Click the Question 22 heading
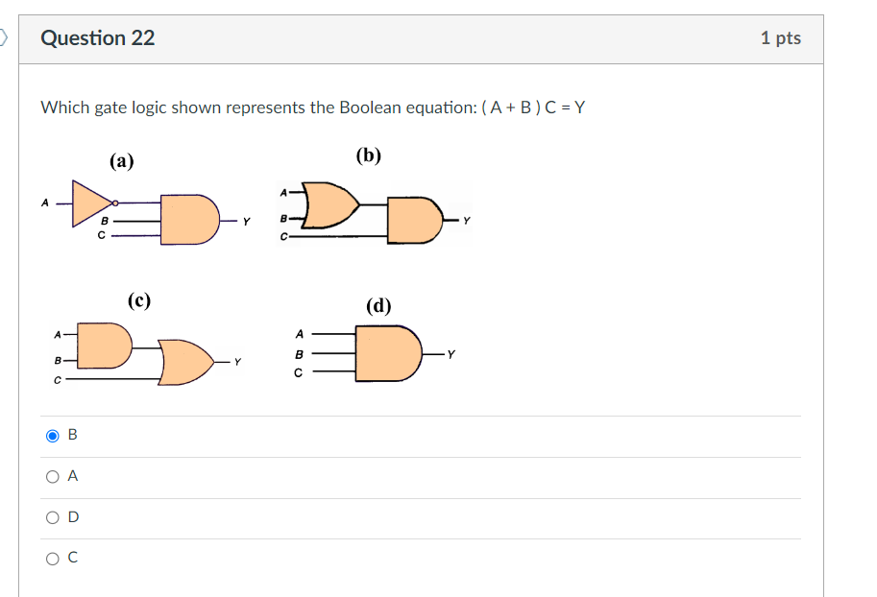tap(97, 38)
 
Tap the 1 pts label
tap(780, 38)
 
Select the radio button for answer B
tap(53, 436)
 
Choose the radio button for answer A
tap(53, 476)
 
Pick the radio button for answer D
tap(53, 517)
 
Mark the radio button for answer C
tap(53, 558)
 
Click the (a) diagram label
tap(121, 161)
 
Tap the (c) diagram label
tap(139, 300)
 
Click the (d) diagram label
tap(378, 306)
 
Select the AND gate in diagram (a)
tap(188, 220)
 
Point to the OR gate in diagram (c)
tap(186, 362)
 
